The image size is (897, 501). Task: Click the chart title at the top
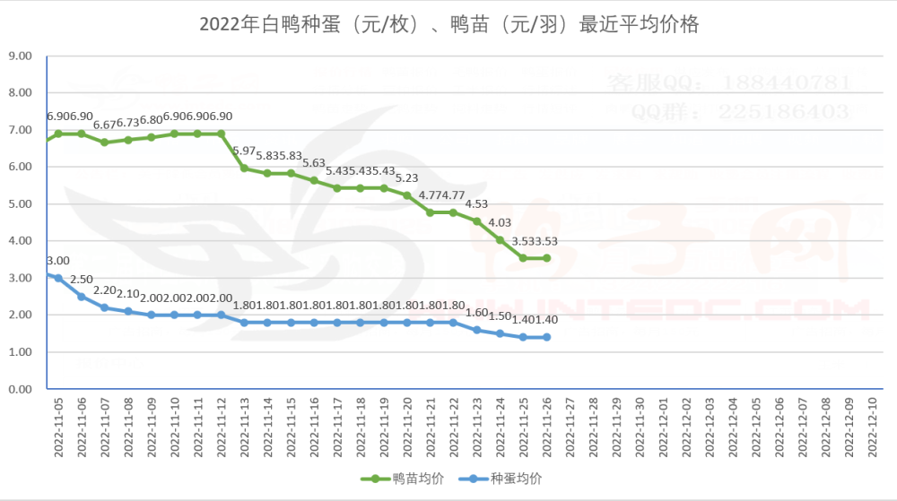448,24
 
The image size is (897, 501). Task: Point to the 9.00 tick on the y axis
20,56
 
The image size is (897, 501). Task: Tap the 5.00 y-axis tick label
20,203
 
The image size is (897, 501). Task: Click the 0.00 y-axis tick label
20,389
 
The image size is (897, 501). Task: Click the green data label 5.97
244,150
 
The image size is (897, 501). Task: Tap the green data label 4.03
500,222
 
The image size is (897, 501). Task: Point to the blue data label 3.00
58,261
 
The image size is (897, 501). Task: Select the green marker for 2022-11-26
547,258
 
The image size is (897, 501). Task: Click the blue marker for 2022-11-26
547,337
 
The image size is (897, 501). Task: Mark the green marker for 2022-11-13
244,168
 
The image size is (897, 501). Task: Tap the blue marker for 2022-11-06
82,297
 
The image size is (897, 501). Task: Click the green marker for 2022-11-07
105,142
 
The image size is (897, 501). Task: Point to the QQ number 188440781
777,82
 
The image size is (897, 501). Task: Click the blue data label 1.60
477,313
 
